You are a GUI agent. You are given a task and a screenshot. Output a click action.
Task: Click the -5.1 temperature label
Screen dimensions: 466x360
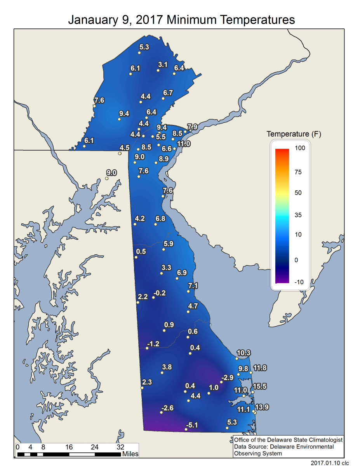point(192,425)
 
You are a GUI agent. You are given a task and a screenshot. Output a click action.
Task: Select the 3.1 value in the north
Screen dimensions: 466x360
point(163,64)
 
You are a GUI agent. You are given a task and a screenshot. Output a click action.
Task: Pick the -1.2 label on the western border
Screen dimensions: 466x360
point(153,344)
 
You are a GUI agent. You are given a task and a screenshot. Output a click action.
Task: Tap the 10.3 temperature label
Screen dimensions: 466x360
point(243,353)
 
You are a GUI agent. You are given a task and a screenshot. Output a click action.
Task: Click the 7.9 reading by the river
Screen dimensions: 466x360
point(193,127)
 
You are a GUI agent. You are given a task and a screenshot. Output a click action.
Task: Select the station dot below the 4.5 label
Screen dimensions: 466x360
point(120,153)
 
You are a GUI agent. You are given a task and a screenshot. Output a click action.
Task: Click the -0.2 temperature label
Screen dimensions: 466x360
point(159,293)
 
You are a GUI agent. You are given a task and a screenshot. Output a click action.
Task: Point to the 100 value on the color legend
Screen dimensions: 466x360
point(299,148)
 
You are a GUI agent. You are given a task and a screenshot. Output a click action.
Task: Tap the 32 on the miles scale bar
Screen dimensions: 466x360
point(121,447)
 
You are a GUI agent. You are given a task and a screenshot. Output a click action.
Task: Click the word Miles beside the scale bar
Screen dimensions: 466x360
point(130,454)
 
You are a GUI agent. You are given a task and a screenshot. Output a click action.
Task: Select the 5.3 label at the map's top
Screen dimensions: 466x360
point(144,47)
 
